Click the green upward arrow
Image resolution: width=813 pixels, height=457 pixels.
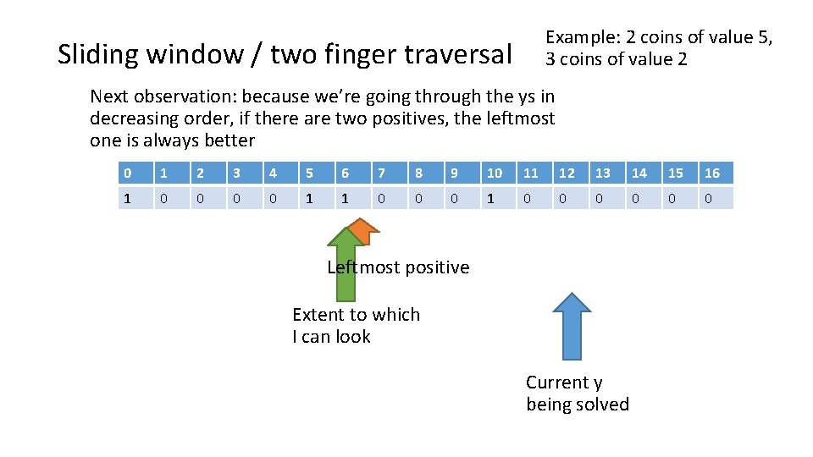pyautogui.click(x=345, y=271)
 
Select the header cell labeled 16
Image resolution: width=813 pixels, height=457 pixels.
pyautogui.click(x=713, y=173)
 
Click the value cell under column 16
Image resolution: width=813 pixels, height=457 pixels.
pyautogui.click(x=713, y=197)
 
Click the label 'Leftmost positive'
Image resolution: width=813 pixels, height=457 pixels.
pyautogui.click(x=398, y=267)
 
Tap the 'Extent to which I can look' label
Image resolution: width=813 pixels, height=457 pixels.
pyautogui.click(x=356, y=326)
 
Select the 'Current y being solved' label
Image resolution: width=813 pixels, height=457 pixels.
pyautogui.click(x=577, y=394)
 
